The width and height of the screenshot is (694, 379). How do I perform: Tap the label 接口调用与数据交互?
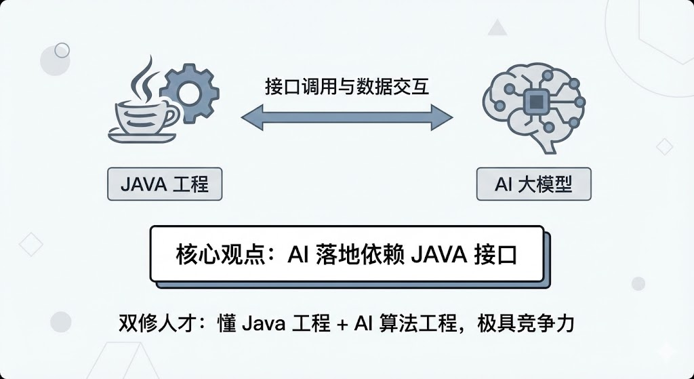(x=347, y=87)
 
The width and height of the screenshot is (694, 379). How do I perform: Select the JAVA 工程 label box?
(x=165, y=184)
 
